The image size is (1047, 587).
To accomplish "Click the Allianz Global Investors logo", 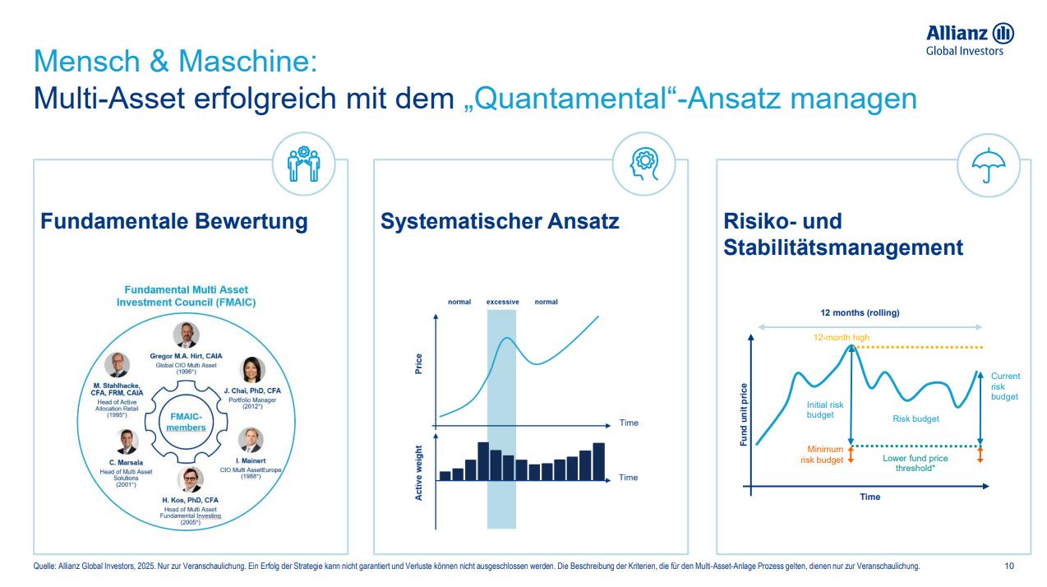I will [x=970, y=39].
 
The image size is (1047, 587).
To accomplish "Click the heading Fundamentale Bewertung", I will [x=174, y=221].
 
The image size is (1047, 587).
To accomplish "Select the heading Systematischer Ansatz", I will [x=500, y=221].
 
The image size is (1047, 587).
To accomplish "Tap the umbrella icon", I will [x=988, y=166].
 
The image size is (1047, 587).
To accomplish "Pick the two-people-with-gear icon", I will [x=303, y=164].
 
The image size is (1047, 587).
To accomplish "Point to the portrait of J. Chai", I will [x=251, y=371].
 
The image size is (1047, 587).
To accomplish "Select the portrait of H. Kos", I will [x=191, y=479].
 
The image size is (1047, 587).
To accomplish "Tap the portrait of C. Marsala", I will [x=127, y=441].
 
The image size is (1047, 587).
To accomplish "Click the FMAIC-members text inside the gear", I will [x=186, y=422].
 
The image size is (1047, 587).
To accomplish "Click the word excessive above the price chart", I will [x=502, y=302].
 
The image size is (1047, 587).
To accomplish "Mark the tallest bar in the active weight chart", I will [x=483, y=460].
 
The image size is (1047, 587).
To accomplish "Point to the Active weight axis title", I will [x=418, y=473].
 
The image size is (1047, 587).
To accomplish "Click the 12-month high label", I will [x=841, y=338].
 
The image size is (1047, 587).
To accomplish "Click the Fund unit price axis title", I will [x=744, y=415].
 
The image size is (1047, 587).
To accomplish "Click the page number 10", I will [x=1009, y=566].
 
